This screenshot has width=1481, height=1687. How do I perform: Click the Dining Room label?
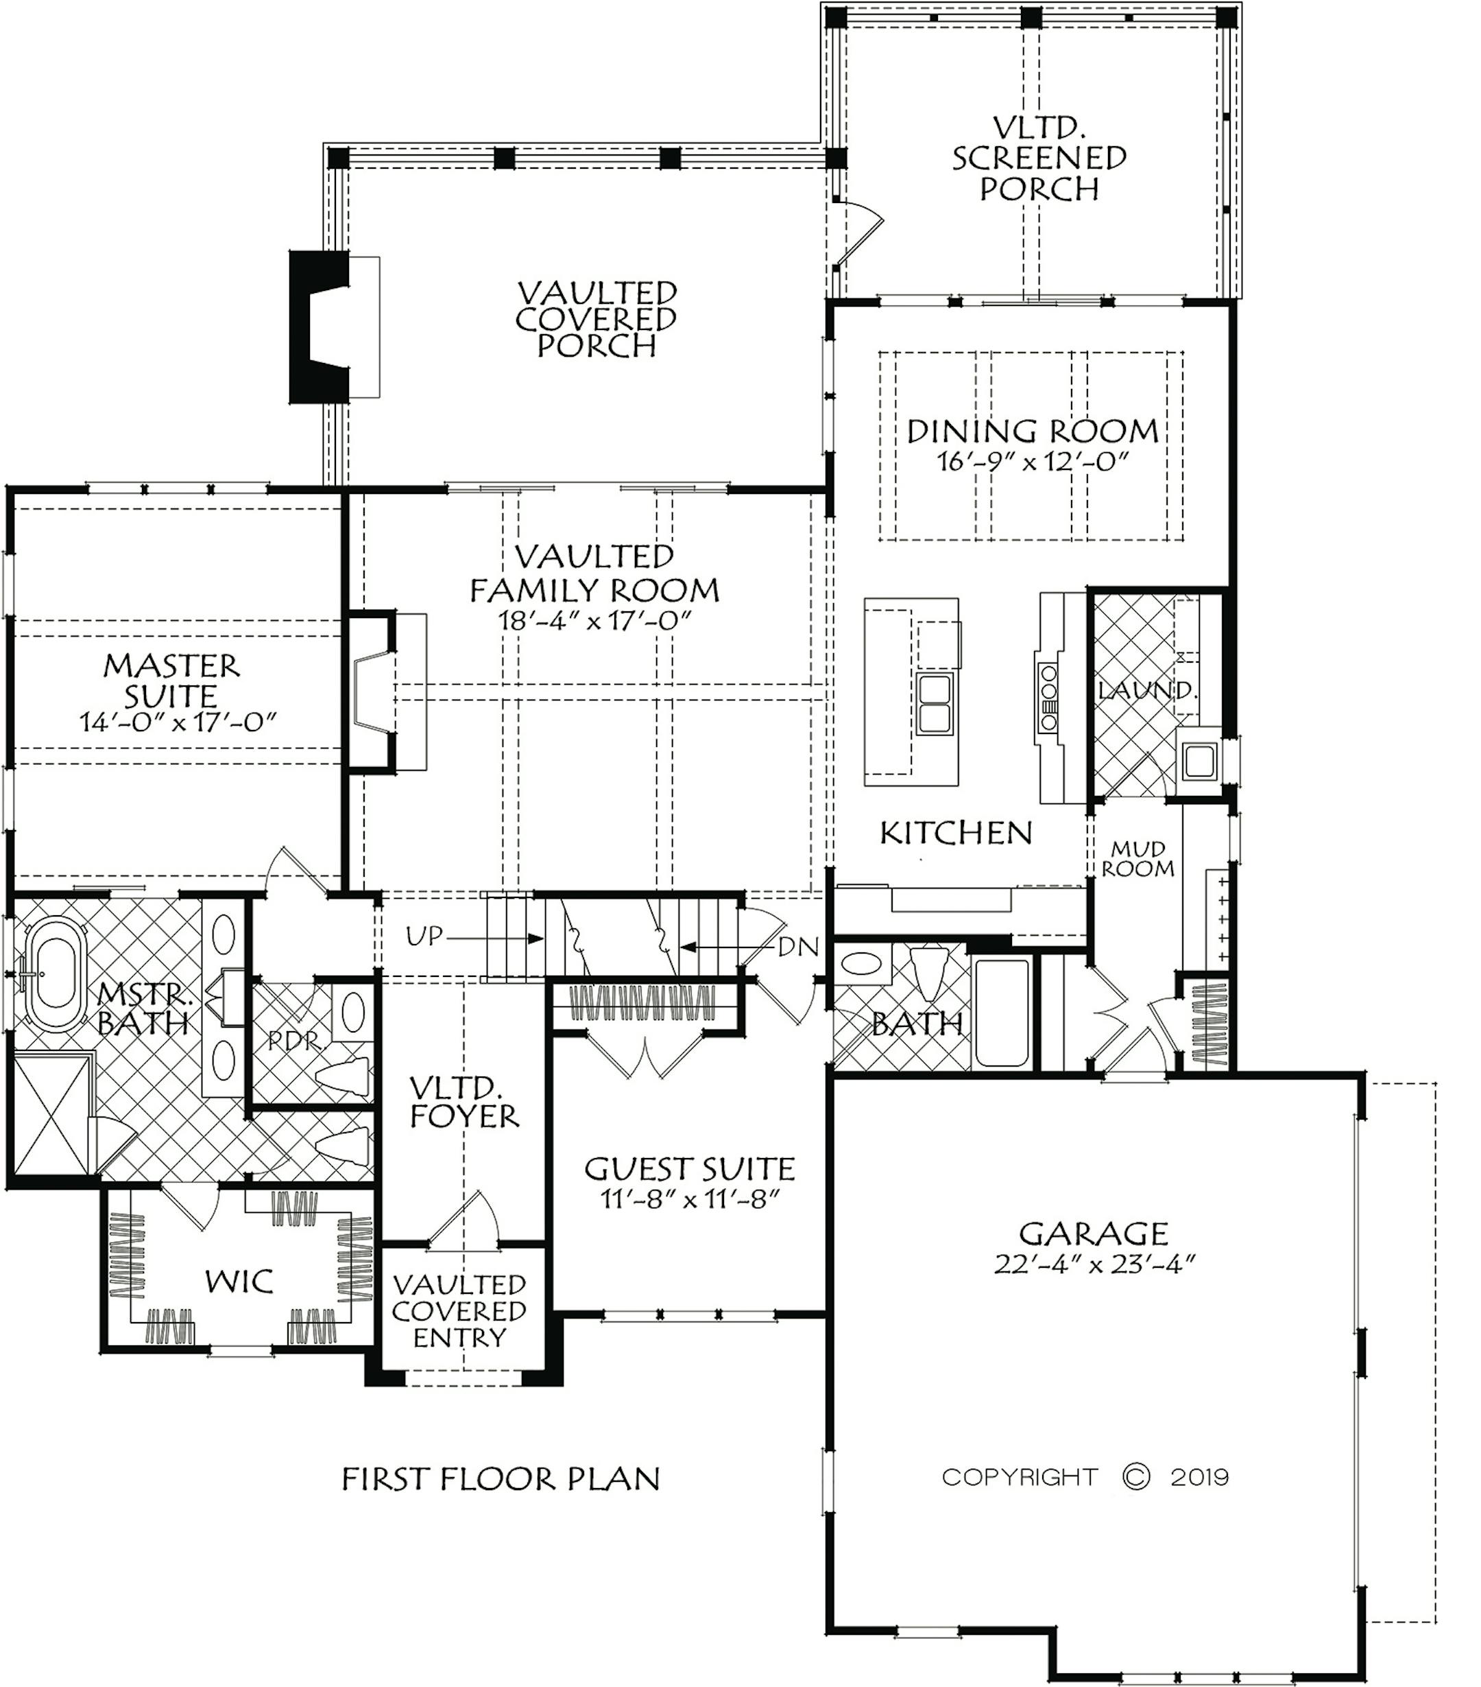tap(1032, 431)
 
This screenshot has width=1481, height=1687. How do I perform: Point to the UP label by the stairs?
tap(424, 936)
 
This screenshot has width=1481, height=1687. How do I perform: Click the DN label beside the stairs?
tap(799, 947)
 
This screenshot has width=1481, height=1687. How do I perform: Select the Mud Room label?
tap(1137, 858)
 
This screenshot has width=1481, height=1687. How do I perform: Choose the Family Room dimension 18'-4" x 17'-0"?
tap(594, 621)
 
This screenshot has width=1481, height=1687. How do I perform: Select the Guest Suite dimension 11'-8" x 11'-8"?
tap(690, 1199)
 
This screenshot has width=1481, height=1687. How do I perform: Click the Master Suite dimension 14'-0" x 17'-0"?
tap(178, 722)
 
